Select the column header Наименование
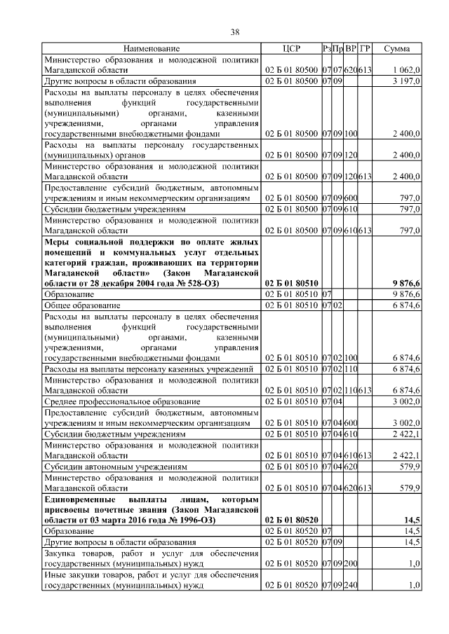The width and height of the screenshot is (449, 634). point(152,48)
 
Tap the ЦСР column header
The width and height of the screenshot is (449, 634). point(290,48)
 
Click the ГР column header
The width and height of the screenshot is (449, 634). point(365,48)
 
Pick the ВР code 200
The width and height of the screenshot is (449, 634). point(351,563)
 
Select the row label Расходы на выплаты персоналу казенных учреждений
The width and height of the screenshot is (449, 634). point(148,368)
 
